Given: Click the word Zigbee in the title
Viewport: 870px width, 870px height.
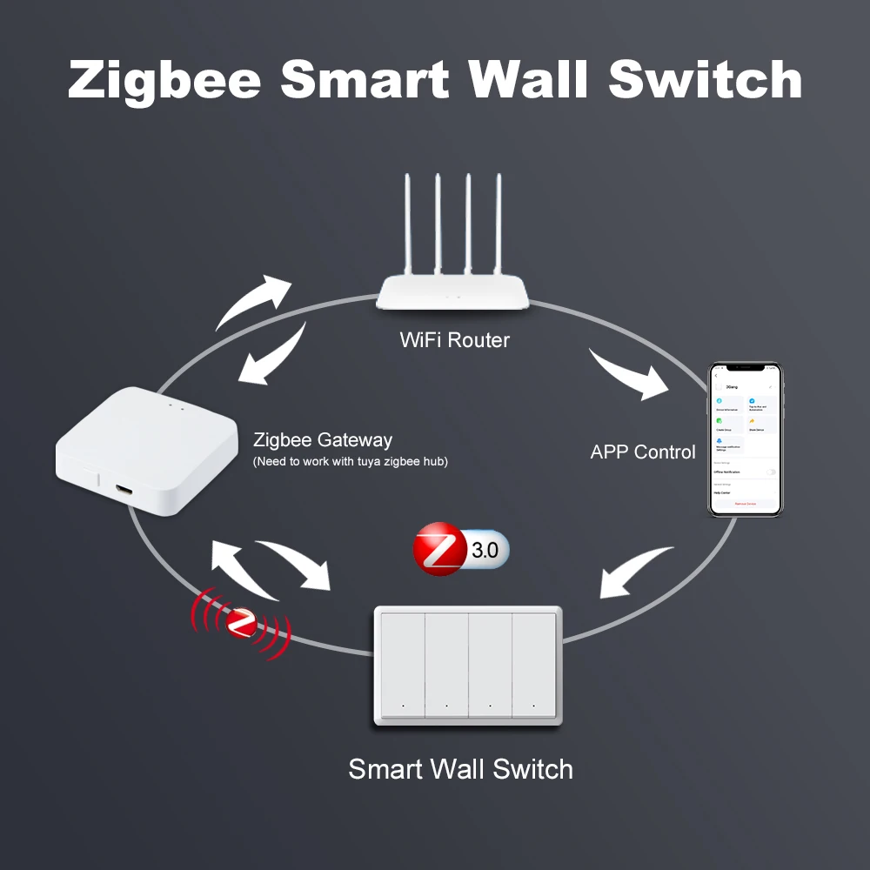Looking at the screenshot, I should click(164, 79).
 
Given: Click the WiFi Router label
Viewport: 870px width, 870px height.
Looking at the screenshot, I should click(454, 339).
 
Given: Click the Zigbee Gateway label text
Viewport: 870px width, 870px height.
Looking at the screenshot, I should click(322, 440).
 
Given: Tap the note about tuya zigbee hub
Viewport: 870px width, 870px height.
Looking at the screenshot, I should click(350, 461).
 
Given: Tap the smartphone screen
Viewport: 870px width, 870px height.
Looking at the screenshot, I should click(745, 439).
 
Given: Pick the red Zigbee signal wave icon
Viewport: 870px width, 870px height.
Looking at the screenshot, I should click(240, 622).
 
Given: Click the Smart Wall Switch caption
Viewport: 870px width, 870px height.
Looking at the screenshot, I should click(460, 769).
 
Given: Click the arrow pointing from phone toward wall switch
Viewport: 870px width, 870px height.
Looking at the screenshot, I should click(636, 573).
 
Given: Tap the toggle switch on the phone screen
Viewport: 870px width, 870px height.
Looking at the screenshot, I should click(770, 472).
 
